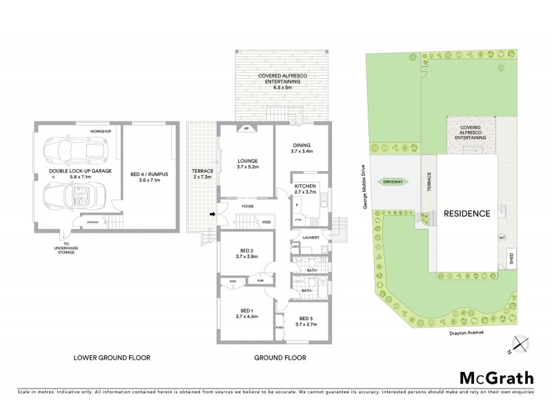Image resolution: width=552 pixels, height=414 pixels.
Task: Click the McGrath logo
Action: pos(496,377)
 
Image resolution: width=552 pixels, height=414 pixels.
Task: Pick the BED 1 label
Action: pos(248,314)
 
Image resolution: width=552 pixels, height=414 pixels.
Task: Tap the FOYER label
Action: pos(248,205)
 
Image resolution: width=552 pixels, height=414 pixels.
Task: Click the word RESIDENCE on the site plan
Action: pos(467,213)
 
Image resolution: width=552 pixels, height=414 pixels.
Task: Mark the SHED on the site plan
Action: pos(511,259)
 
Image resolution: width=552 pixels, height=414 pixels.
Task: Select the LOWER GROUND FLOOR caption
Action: pos(112,358)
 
